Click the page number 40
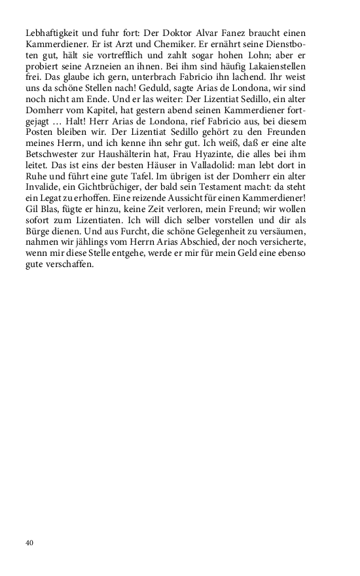(29, 543)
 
